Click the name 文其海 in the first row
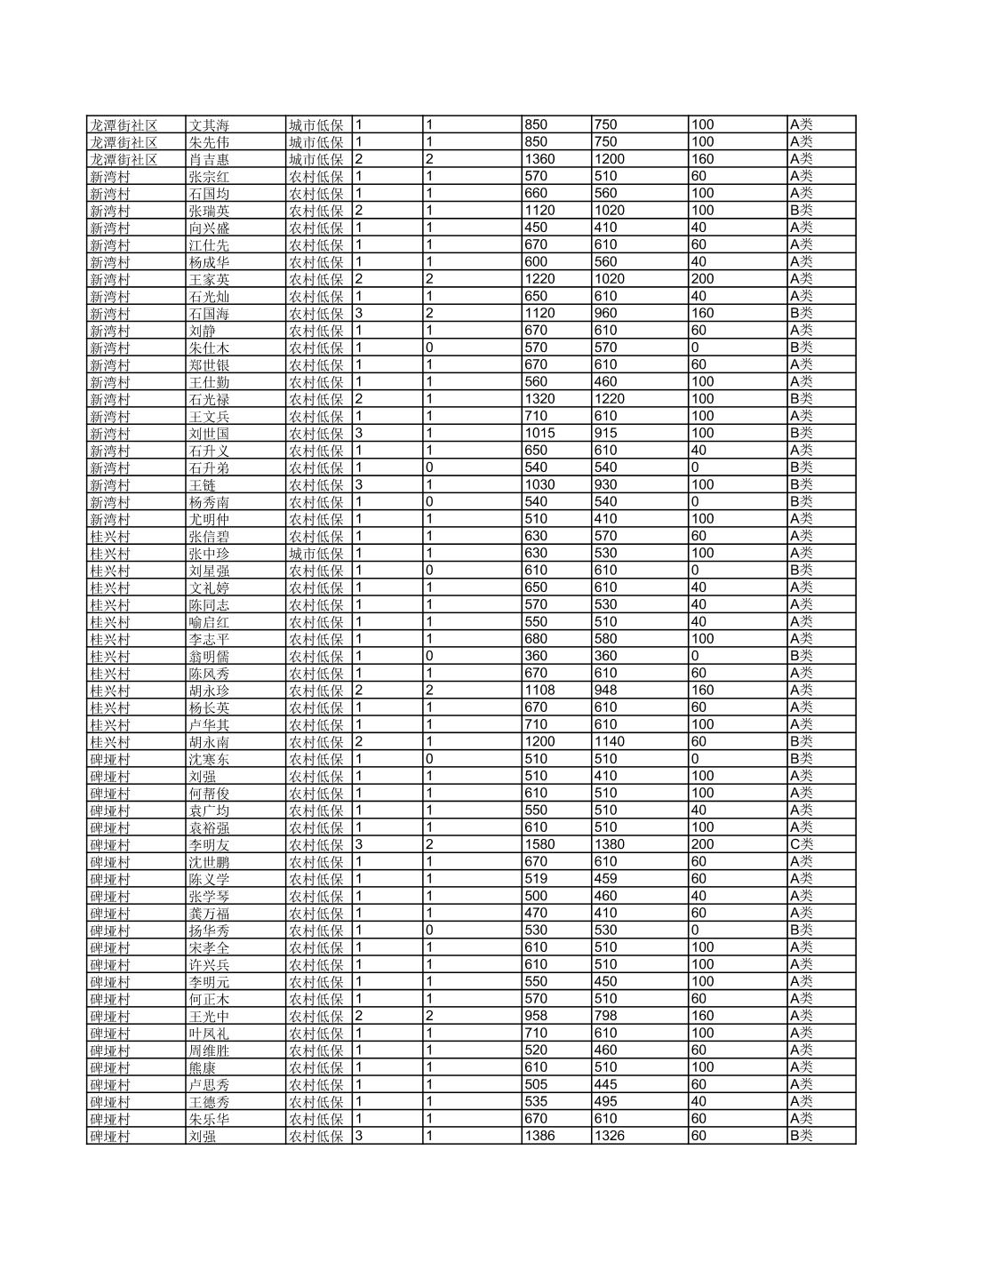click(x=209, y=125)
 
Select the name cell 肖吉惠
click(x=209, y=160)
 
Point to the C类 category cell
click(x=801, y=844)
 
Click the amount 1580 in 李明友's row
click(x=539, y=844)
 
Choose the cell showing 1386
click(x=539, y=1136)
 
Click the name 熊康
click(x=202, y=1067)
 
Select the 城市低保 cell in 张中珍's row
click(x=316, y=554)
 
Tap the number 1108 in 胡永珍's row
click(x=539, y=691)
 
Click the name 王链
click(x=202, y=485)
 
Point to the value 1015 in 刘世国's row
click(x=539, y=434)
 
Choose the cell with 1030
click(x=539, y=485)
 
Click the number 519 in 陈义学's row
click(x=536, y=879)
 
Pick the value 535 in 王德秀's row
click(x=536, y=1102)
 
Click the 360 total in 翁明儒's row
click(x=536, y=656)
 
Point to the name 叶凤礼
click(x=209, y=1034)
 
